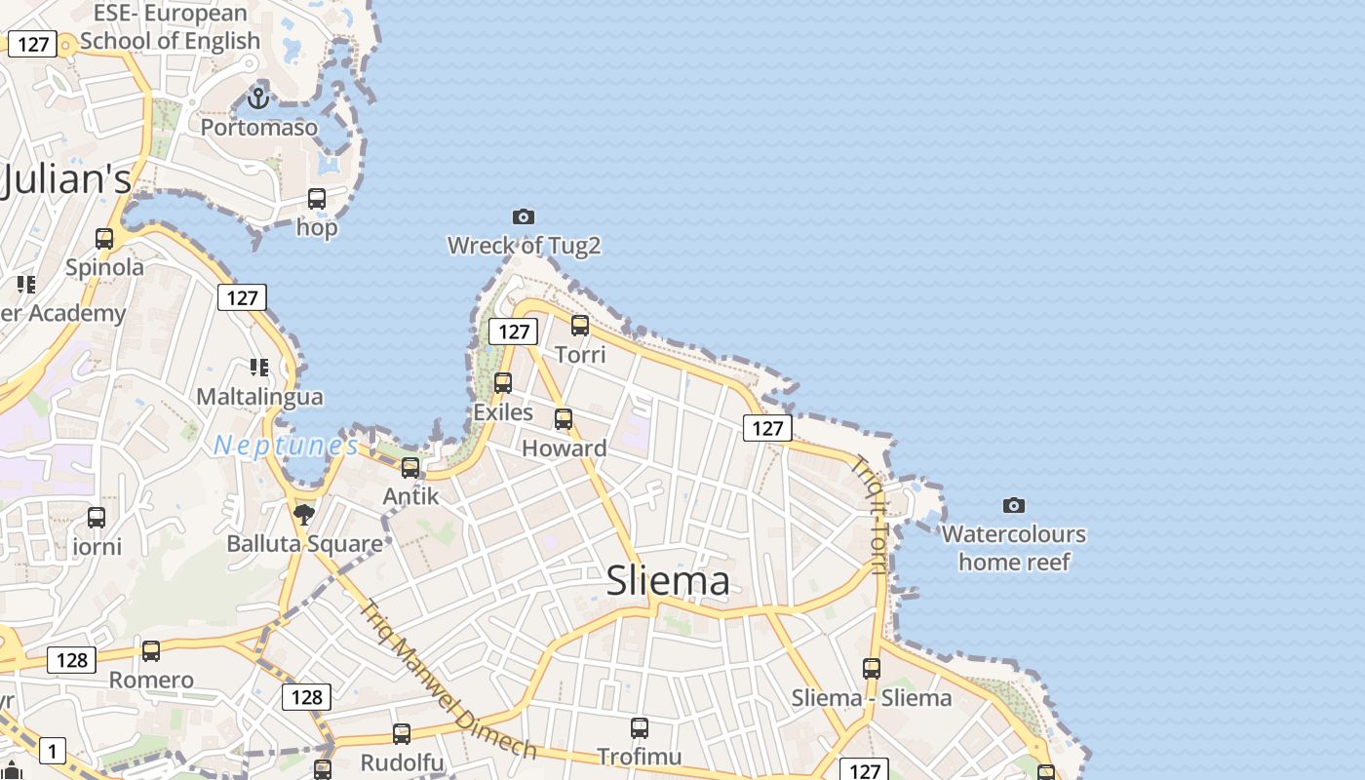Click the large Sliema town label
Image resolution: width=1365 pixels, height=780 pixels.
point(668,581)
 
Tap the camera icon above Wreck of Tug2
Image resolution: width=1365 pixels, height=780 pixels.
point(524,216)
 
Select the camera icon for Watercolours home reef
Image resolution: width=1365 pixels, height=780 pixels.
point(1014,505)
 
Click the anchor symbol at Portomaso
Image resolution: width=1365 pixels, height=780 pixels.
point(258,97)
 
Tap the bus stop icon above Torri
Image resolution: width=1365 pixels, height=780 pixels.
point(580,326)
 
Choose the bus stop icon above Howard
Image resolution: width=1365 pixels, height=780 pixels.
point(564,419)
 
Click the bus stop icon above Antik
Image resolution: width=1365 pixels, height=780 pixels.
point(410,467)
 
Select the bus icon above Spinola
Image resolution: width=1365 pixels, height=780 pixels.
point(104,238)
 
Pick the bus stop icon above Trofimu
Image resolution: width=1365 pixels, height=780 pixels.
point(640,727)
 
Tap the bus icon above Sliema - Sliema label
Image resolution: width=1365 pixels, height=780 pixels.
point(872,669)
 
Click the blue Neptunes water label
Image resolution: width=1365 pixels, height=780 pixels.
point(286,446)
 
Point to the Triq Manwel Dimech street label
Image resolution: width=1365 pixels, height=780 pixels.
point(448,680)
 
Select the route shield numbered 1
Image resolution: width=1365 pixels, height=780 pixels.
point(53,751)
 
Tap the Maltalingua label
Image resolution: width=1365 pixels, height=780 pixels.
point(259,397)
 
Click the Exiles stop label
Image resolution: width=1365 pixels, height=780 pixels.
point(503,412)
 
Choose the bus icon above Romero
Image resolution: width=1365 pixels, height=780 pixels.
point(151,650)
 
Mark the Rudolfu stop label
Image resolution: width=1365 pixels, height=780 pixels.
point(402,762)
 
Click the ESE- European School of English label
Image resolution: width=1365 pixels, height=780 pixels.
point(171,27)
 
